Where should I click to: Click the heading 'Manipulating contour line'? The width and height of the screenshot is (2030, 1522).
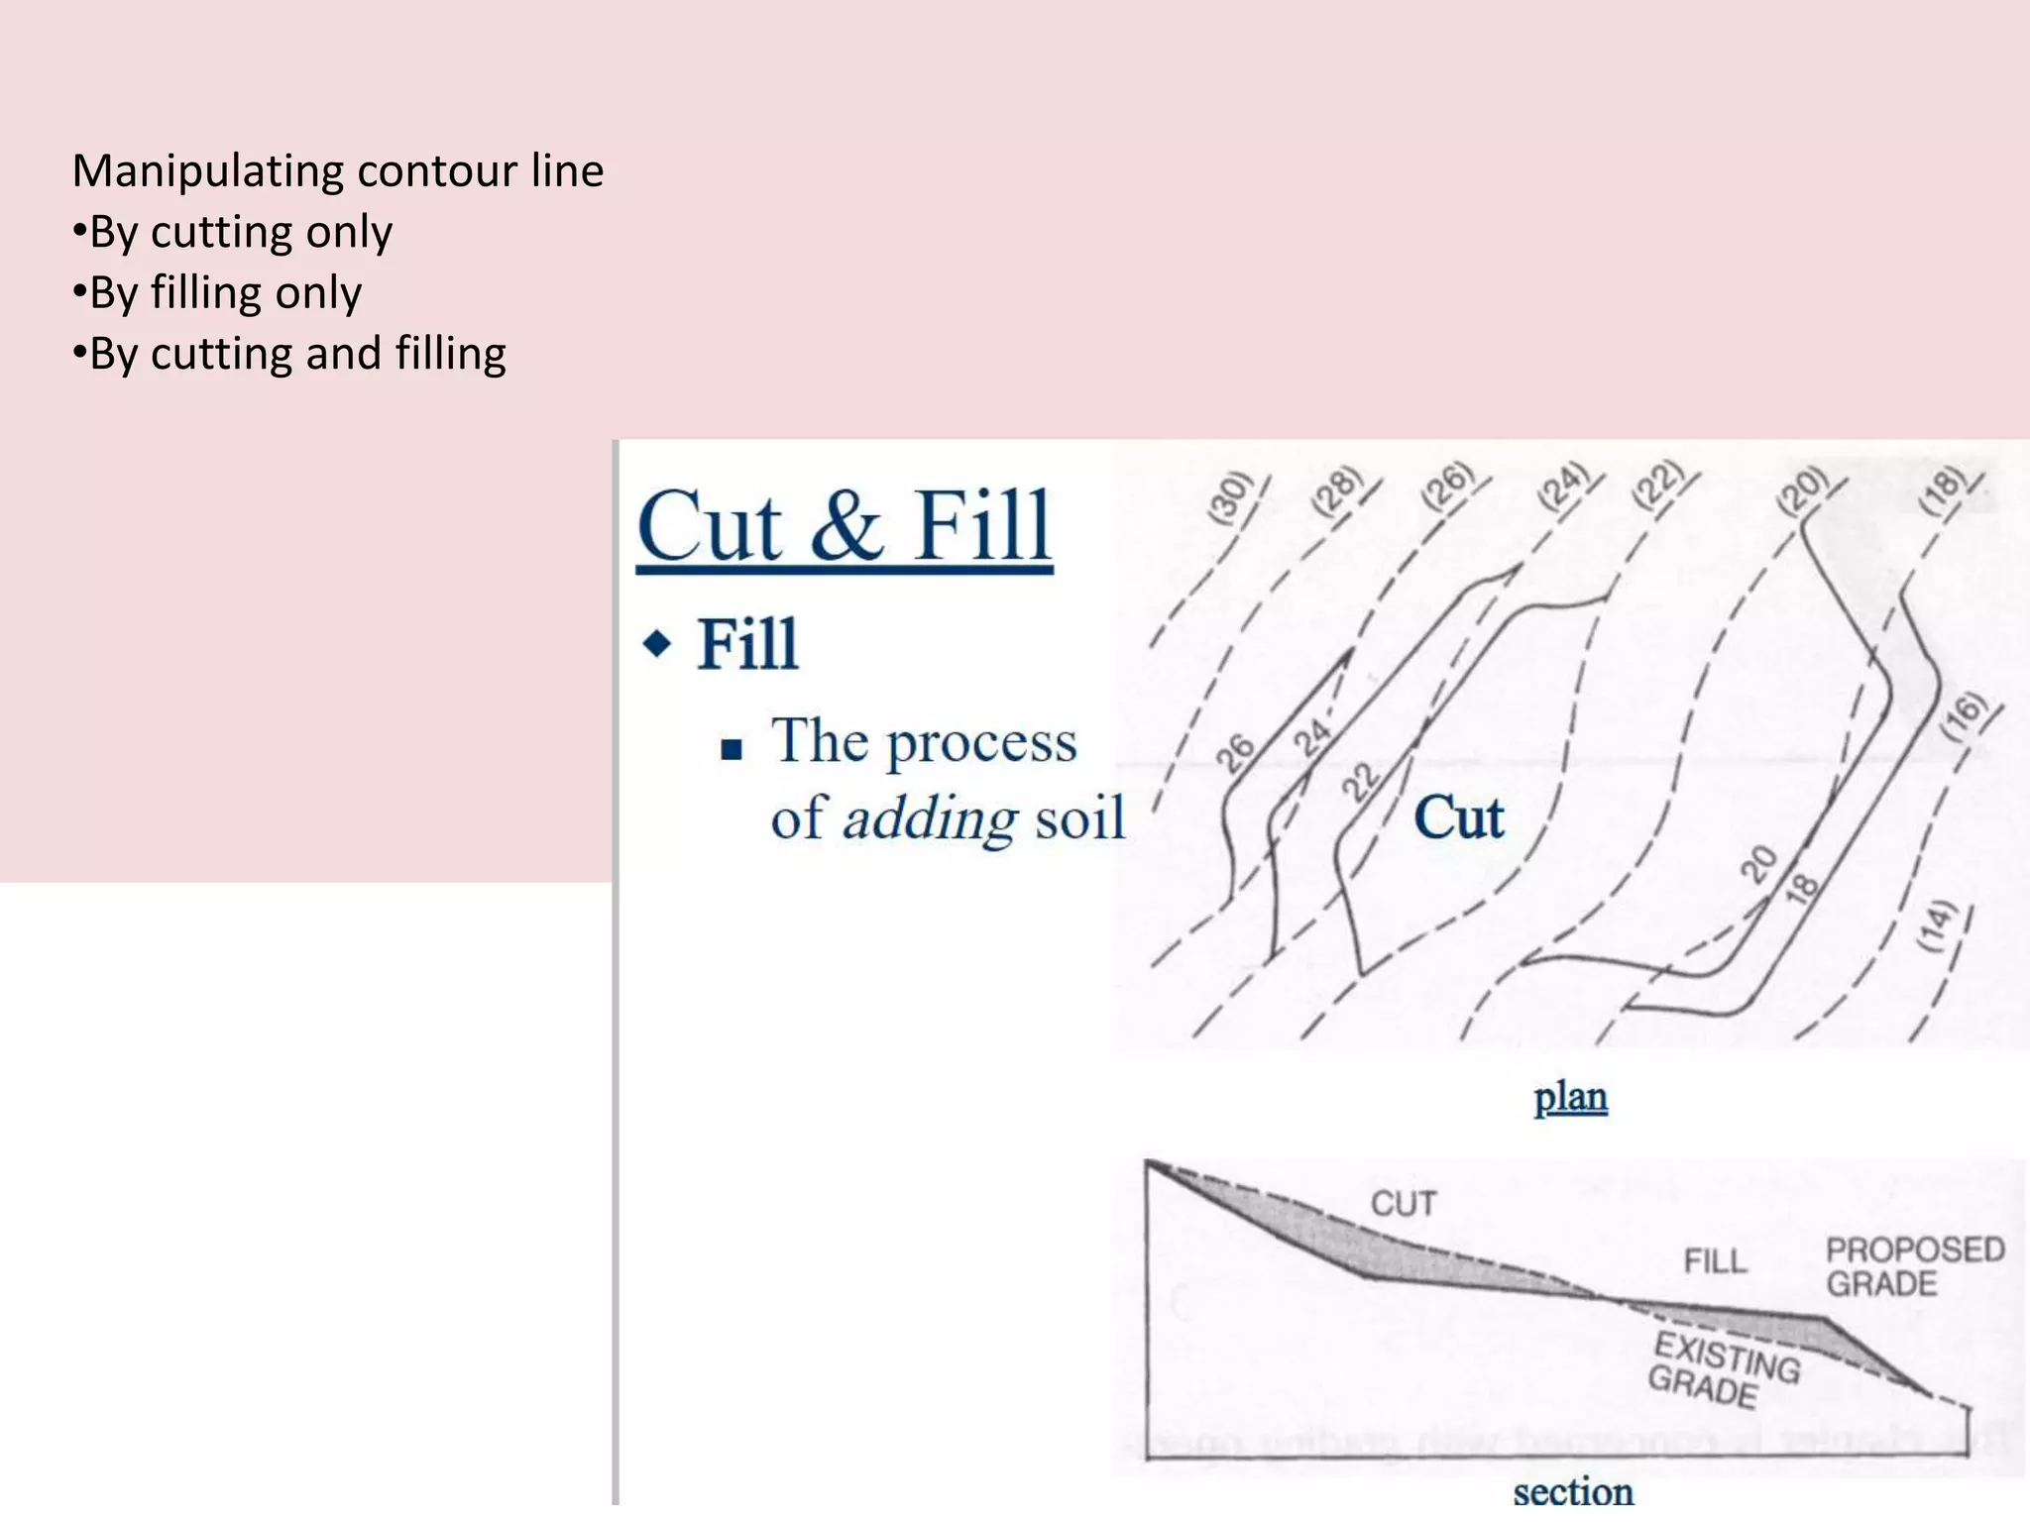(x=338, y=170)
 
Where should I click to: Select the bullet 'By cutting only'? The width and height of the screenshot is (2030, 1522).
(x=233, y=232)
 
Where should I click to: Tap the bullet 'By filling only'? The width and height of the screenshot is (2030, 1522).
(x=217, y=293)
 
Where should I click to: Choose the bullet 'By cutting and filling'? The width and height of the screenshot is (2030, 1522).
(x=289, y=354)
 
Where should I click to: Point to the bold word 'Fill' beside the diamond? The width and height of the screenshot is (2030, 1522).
(x=747, y=644)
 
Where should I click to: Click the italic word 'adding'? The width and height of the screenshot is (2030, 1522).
(x=929, y=818)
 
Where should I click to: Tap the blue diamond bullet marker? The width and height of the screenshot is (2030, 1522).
(x=657, y=644)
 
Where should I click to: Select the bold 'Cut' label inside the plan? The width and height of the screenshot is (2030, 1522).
(x=1458, y=817)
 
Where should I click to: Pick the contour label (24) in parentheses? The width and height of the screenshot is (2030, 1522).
(x=1563, y=487)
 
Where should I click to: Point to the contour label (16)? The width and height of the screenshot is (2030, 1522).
(x=1965, y=715)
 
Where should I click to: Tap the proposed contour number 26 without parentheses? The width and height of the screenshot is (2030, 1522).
(x=1236, y=753)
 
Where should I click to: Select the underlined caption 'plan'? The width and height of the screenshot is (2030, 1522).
(x=1570, y=1097)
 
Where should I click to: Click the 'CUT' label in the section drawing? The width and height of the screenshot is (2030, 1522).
(x=1403, y=1203)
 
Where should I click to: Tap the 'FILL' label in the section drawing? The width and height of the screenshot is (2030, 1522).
(x=1715, y=1261)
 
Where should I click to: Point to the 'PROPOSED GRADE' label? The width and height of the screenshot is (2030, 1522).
(x=1914, y=1266)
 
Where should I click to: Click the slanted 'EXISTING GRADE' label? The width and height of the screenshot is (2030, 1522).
(x=1722, y=1370)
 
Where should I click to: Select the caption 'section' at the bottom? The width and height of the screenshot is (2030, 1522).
(x=1572, y=1490)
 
